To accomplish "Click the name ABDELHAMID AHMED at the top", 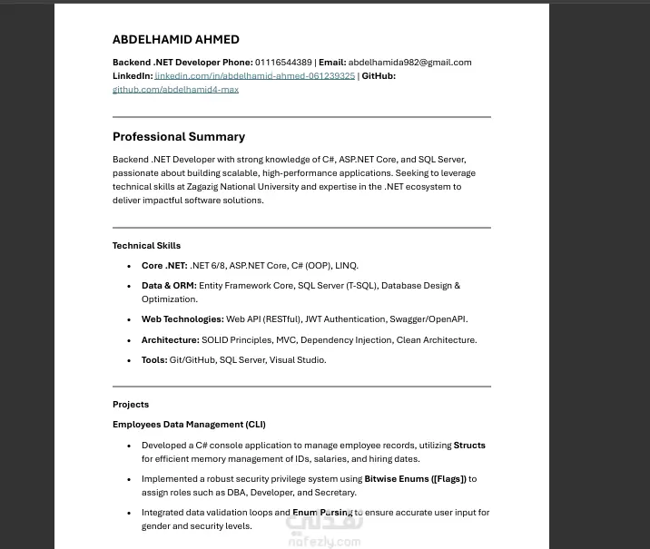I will (x=175, y=40).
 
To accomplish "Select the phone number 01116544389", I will (x=283, y=63).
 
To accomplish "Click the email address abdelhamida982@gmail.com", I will (x=409, y=63).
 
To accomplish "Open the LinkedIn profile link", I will (x=254, y=76).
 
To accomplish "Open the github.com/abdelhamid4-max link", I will (x=175, y=90).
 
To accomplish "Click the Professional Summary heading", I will (x=178, y=137).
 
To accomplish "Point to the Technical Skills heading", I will (x=146, y=246).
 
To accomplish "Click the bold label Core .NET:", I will (x=164, y=266).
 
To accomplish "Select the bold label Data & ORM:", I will (x=169, y=286).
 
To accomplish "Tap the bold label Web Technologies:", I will (x=182, y=319).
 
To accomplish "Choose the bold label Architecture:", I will (x=170, y=340).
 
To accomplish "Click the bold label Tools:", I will (x=154, y=360).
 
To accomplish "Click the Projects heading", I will (x=131, y=405).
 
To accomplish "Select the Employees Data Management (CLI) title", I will (x=189, y=425).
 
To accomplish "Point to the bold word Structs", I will (x=469, y=446).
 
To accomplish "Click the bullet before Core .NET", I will (x=131, y=266).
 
